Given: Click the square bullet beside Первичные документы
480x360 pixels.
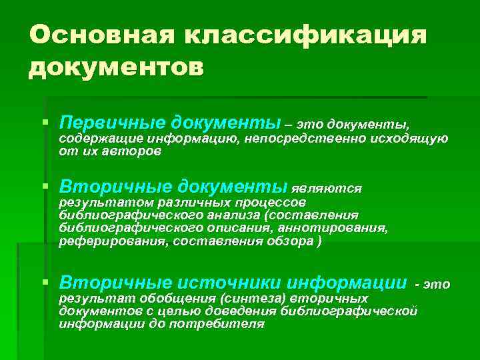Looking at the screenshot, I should [x=45, y=123].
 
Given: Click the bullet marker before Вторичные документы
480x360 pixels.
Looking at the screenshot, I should [x=45, y=187].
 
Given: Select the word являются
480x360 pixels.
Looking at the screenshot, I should [x=327, y=189].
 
